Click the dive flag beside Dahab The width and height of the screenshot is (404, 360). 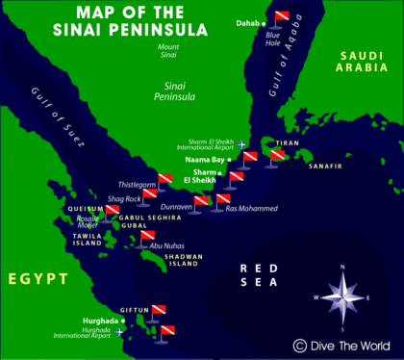click(x=281, y=16)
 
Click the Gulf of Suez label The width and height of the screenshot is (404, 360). click(x=66, y=114)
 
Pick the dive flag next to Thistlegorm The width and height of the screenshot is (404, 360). click(x=164, y=178)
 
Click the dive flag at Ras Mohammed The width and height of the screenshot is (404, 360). click(x=222, y=200)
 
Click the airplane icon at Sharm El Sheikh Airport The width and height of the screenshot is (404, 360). click(x=242, y=146)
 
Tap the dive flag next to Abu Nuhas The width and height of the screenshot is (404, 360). click(x=147, y=236)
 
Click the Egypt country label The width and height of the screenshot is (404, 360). click(x=36, y=279)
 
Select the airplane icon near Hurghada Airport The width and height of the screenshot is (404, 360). click(x=119, y=331)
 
